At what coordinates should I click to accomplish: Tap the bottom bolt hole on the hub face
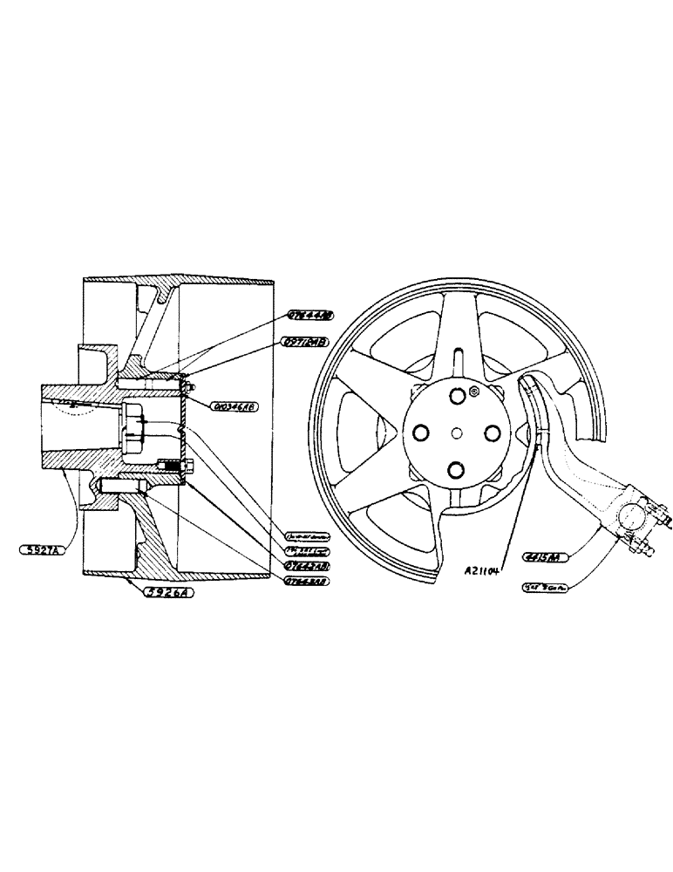(455, 471)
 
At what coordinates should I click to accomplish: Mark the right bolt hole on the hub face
(492, 433)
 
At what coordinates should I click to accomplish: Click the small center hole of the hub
(456, 434)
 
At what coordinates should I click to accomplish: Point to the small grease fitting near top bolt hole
(475, 392)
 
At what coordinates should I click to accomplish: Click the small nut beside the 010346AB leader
(191, 385)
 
